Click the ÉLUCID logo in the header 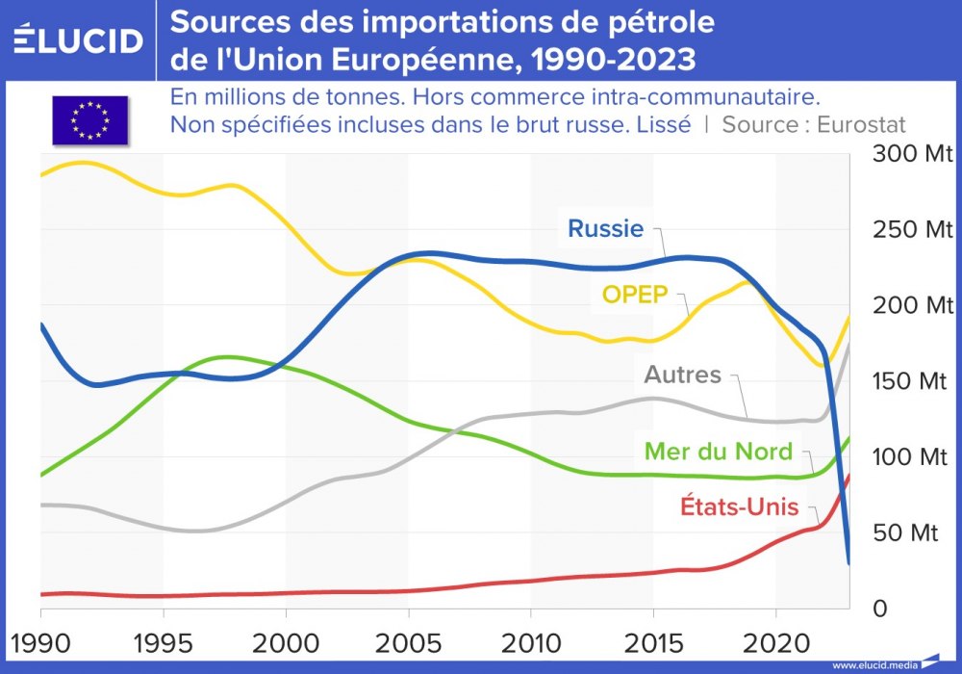(78, 39)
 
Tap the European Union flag (89, 120)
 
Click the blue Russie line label (604, 228)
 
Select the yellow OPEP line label (635, 294)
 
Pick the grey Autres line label (682, 374)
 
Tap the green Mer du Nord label (719, 451)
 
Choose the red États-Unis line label (726, 505)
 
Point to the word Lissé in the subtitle (663, 124)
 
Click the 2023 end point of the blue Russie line (848, 563)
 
